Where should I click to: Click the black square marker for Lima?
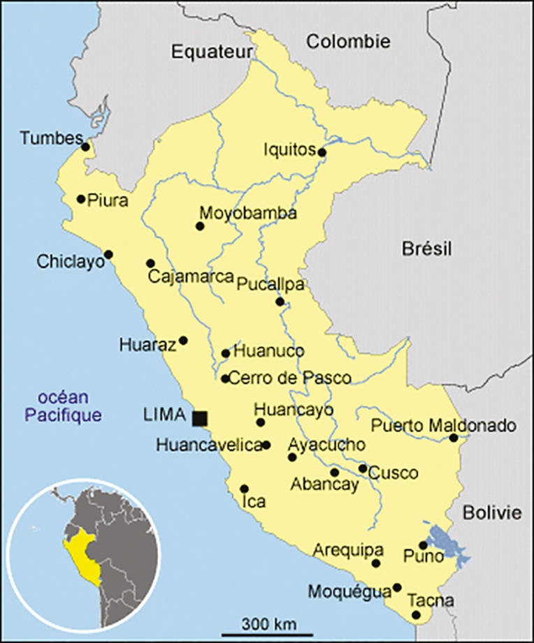tap(200, 417)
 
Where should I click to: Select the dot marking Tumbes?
tap(85, 147)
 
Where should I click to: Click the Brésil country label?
tap(427, 248)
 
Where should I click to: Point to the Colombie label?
tap(348, 41)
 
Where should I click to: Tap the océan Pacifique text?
tap(63, 406)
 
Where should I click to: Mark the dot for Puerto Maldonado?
tap(453, 438)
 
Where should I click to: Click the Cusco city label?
tap(394, 473)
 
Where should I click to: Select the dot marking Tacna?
tap(417, 615)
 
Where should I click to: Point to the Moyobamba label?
tap(247, 214)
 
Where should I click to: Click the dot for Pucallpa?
tap(280, 302)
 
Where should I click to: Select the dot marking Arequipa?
tap(376, 563)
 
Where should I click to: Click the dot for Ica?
tap(244, 489)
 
